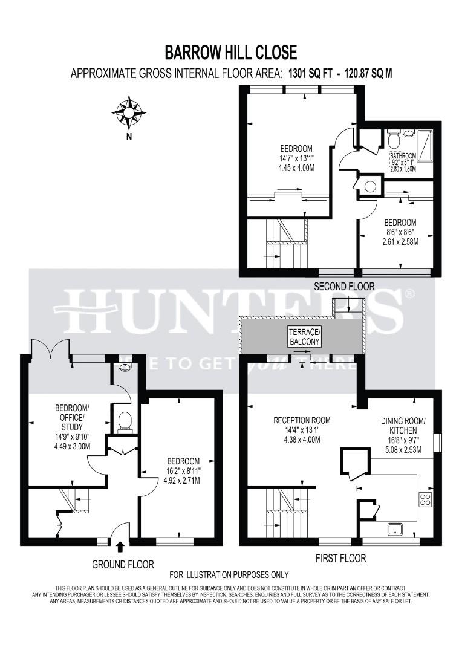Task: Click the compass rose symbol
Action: click(128, 112)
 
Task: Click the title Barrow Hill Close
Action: click(231, 53)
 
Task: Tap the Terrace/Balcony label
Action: click(304, 337)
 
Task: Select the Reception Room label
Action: click(302, 420)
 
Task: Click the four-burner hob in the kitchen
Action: click(425, 499)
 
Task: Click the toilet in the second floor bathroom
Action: click(393, 141)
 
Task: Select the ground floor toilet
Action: click(126, 421)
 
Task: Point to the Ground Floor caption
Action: click(123, 564)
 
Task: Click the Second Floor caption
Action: click(343, 286)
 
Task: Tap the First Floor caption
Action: click(340, 558)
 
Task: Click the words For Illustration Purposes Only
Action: click(229, 574)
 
